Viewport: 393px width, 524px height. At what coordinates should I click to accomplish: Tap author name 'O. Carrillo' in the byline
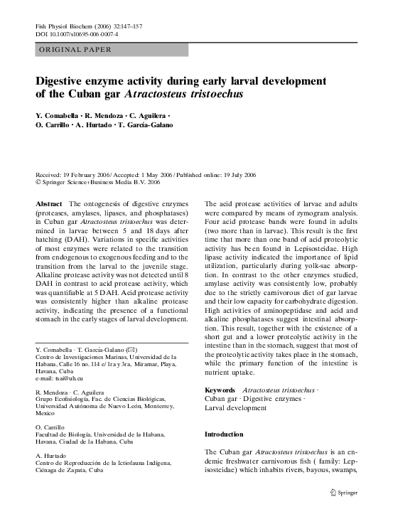[x=55, y=126]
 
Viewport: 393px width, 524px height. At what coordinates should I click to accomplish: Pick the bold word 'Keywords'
[x=220, y=391]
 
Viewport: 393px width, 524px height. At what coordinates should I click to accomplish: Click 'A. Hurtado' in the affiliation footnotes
[x=50, y=456]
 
